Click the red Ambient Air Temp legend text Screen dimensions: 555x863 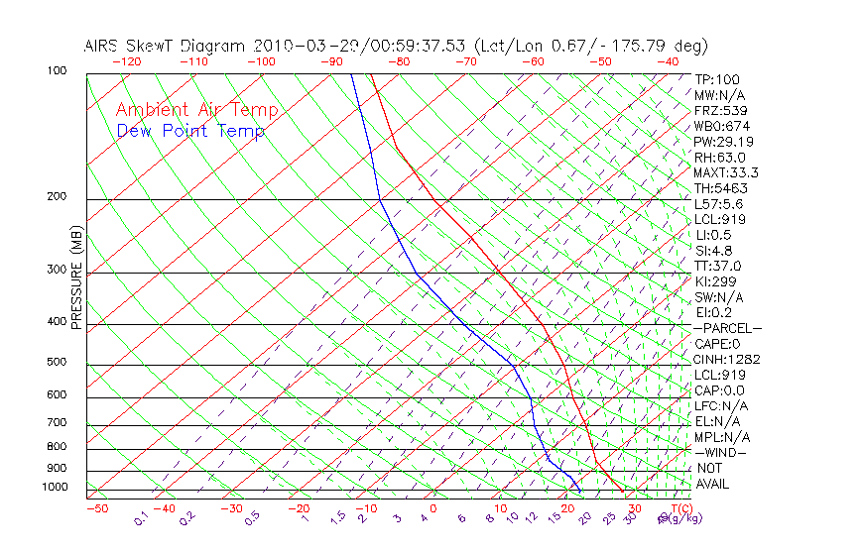197,110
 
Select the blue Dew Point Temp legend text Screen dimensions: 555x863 190,131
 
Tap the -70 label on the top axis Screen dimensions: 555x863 465,61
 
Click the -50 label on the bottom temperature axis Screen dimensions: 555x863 96,508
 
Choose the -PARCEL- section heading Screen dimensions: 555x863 727,328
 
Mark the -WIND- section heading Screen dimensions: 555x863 721,452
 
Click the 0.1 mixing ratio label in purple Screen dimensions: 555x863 142,518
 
